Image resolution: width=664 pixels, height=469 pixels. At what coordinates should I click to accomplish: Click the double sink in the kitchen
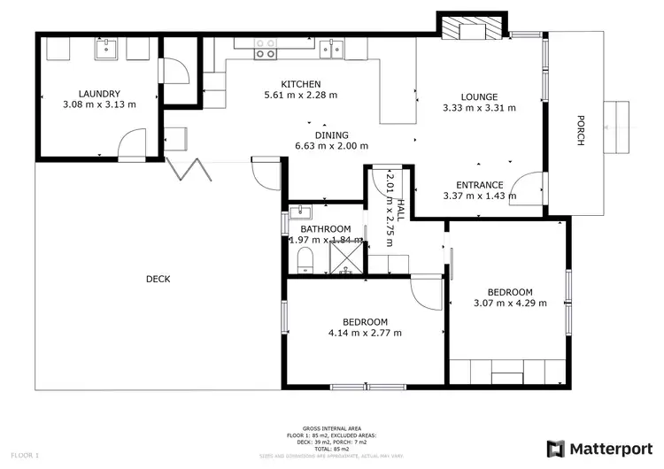[x=333, y=49]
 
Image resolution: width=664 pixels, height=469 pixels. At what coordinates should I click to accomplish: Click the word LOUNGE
[x=479, y=97]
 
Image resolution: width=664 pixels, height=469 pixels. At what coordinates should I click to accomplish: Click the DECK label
[x=158, y=279]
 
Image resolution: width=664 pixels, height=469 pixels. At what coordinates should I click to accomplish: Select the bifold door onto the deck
[x=189, y=169]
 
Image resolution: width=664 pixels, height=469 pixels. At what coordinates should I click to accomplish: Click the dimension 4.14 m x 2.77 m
[x=365, y=334]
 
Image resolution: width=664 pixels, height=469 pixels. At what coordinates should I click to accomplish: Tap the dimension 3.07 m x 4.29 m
[x=510, y=303]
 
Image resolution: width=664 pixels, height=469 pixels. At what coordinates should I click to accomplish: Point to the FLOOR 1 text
[x=25, y=455]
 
